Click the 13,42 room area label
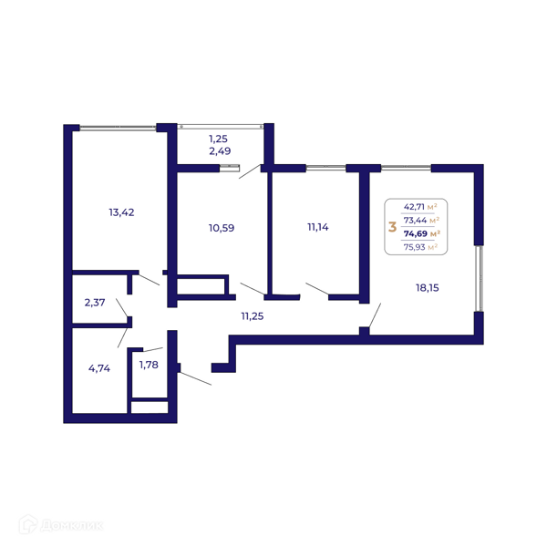click(121, 212)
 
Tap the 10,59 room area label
click(222, 228)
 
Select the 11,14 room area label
click(318, 227)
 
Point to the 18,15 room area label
click(428, 288)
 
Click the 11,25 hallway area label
click(253, 316)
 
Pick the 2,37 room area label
click(95, 303)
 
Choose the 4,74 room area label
click(99, 368)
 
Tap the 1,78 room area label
click(149, 365)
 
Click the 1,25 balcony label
click(219, 139)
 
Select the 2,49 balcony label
click(220, 151)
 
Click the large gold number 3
click(392, 227)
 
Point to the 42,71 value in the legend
click(414, 207)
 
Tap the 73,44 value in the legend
click(415, 220)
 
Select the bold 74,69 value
click(416, 233)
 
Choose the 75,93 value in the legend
click(415, 247)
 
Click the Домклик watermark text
click(72, 525)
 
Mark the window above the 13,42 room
click(118, 128)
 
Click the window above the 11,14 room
click(325, 168)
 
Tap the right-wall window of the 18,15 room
click(480, 278)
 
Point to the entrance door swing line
click(195, 378)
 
